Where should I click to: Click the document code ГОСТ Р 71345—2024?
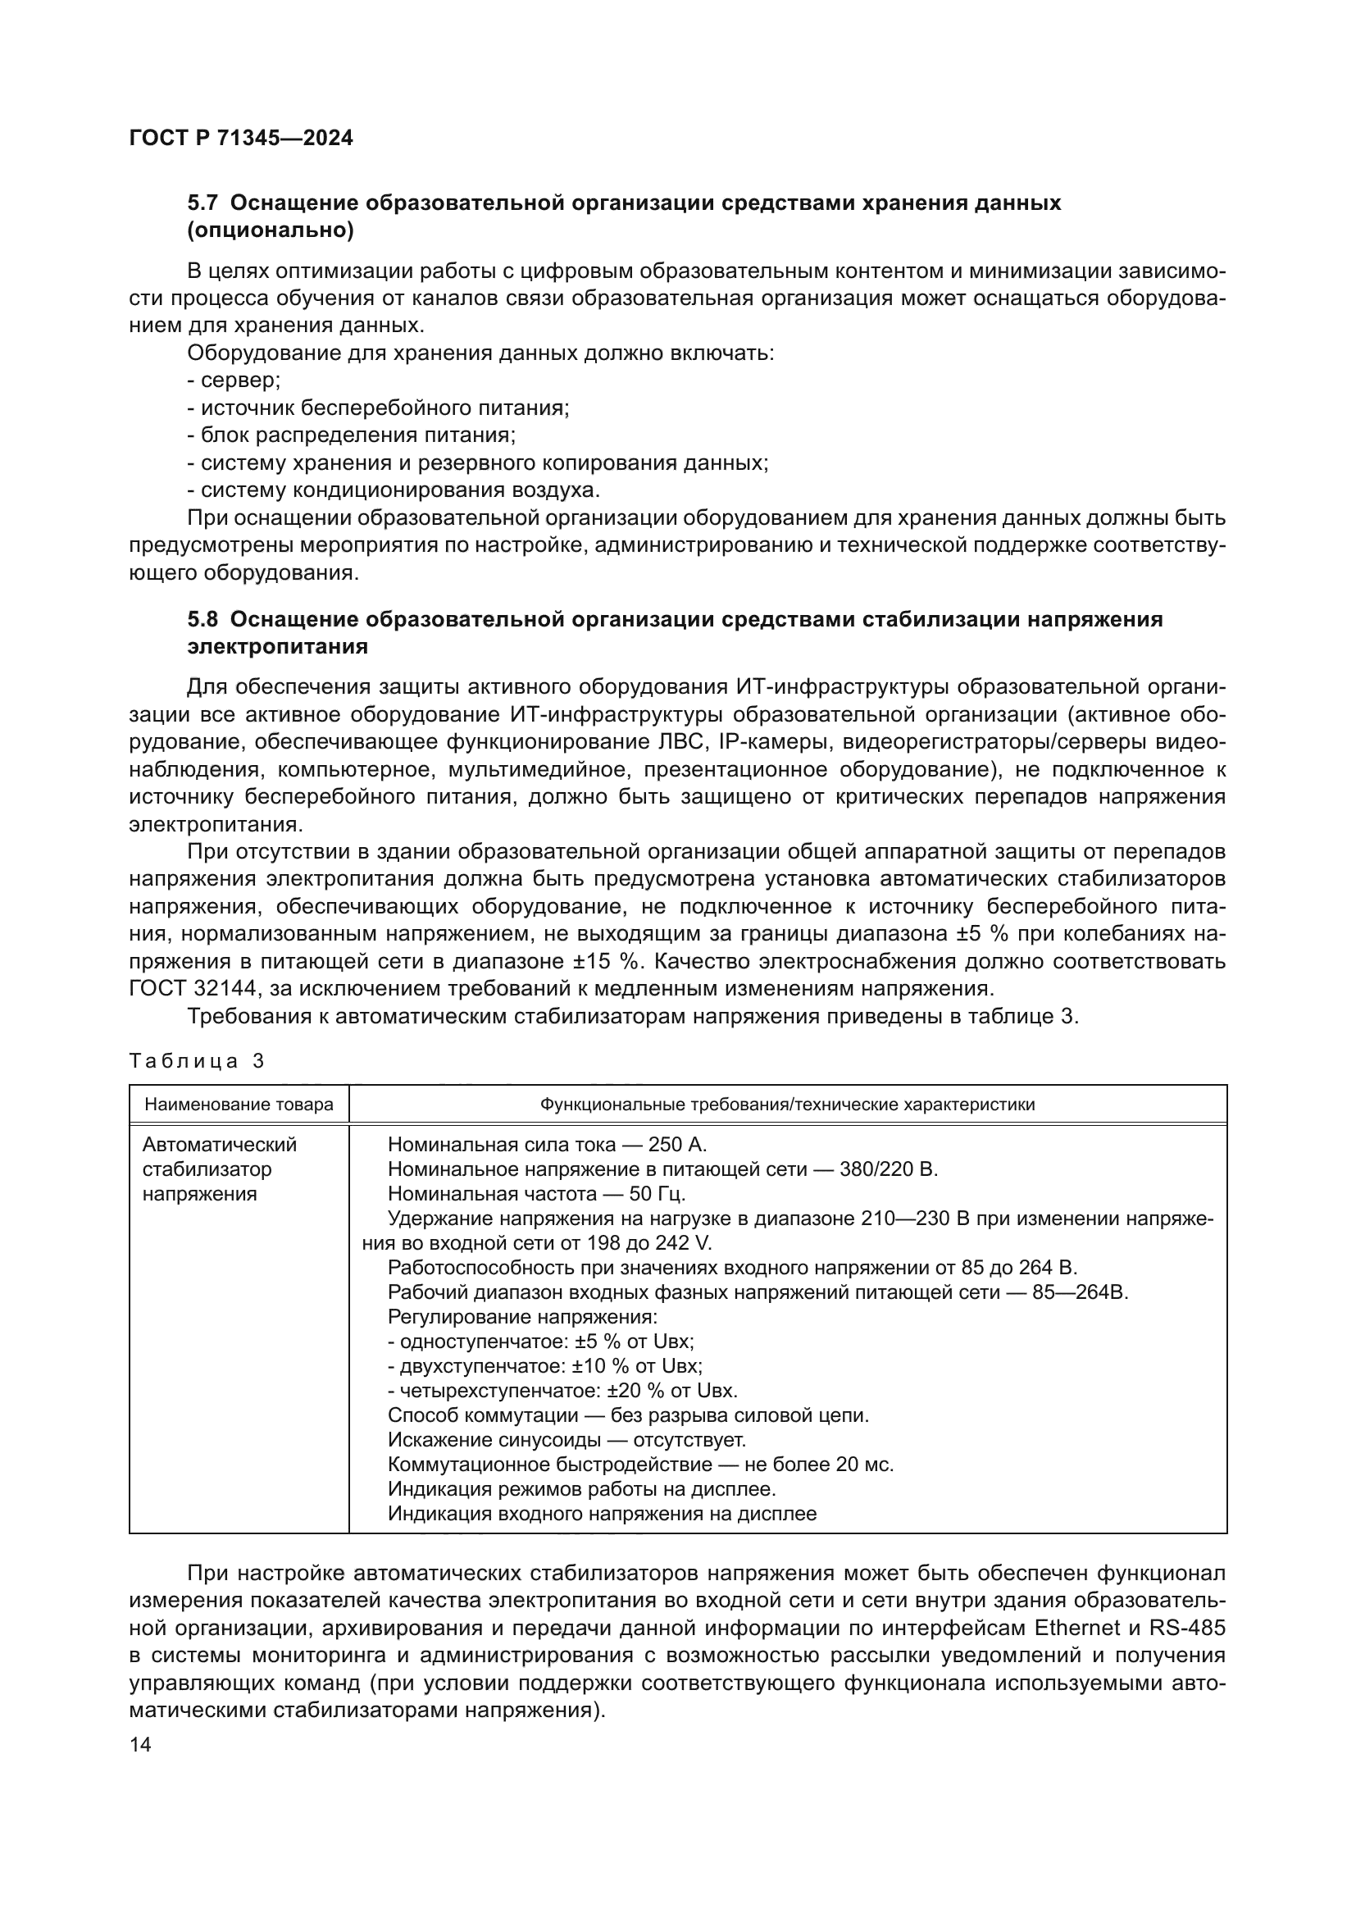[x=241, y=139]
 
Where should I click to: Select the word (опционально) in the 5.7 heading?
[x=271, y=230]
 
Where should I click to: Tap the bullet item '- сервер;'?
[x=234, y=381]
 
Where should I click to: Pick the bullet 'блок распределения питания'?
[x=351, y=435]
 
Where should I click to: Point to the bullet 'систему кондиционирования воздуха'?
[x=394, y=490]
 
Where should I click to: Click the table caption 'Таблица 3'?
[x=197, y=1061]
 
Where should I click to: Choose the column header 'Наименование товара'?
[x=239, y=1105]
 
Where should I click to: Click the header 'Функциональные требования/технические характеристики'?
[x=787, y=1105]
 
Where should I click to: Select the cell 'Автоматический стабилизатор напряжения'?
[x=219, y=1169]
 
